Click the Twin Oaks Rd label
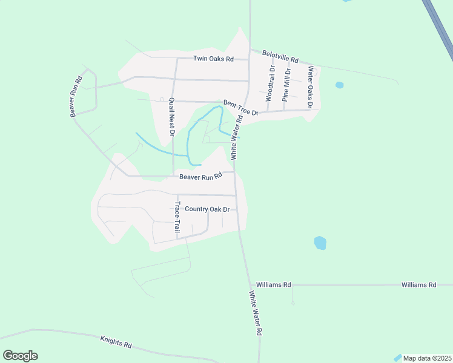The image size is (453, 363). click(213, 59)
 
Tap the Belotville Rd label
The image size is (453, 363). click(280, 57)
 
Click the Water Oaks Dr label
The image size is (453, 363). click(310, 87)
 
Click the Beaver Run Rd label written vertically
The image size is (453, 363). click(76, 97)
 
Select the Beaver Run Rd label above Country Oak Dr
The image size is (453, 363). click(201, 177)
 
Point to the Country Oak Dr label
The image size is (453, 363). click(207, 209)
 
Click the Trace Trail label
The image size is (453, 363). click(177, 218)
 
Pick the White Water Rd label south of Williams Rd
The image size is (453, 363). click(255, 313)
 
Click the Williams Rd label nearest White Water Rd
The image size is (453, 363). click(274, 284)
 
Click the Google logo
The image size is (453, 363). click(20, 356)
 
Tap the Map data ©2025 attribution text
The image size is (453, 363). click(426, 358)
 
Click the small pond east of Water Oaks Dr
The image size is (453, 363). click(339, 85)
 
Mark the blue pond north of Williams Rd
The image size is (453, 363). click(320, 243)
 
